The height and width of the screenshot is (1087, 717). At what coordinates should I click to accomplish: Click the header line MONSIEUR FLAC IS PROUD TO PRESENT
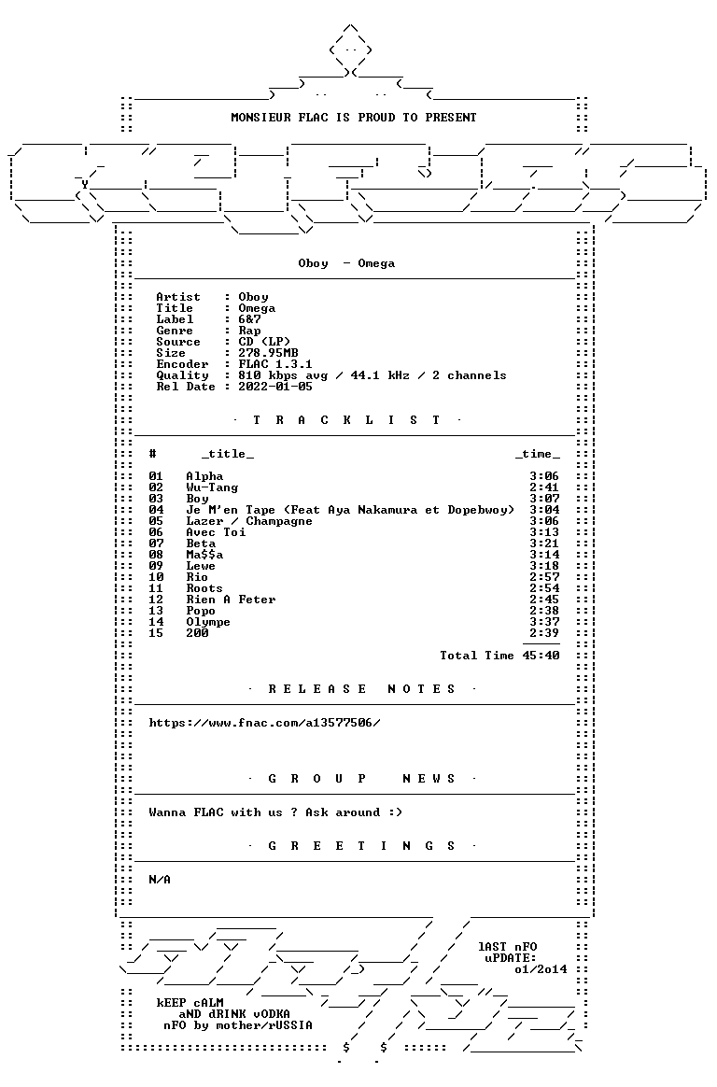[x=353, y=118]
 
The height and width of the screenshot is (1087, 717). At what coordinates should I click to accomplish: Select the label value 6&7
[x=249, y=319]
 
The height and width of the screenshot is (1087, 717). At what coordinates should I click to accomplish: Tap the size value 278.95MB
[x=268, y=353]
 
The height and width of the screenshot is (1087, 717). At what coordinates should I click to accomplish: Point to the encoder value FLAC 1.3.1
[x=275, y=364]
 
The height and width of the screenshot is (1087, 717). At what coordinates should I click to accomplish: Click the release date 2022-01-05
[x=275, y=387]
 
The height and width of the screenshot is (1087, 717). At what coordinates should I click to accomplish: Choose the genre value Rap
[x=249, y=331]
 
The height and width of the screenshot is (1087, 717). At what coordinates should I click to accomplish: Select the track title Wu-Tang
[x=212, y=487]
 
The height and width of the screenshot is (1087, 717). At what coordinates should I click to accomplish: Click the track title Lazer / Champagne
[x=248, y=521]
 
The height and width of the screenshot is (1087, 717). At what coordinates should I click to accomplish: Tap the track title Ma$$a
[x=204, y=555]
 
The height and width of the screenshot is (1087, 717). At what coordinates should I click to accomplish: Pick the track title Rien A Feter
[x=231, y=600]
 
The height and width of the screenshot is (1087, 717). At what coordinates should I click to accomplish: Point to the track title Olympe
[x=208, y=622]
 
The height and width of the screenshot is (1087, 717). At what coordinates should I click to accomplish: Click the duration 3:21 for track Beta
[x=544, y=543]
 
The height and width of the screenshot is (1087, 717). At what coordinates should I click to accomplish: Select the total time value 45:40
[x=541, y=656]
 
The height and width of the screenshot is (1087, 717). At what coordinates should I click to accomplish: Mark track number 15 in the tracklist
[x=156, y=633]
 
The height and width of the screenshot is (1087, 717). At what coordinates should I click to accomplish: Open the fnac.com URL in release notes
[x=264, y=723]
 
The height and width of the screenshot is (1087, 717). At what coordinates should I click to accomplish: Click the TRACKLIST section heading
[x=346, y=420]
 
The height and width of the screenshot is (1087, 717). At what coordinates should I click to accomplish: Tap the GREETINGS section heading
[x=361, y=846]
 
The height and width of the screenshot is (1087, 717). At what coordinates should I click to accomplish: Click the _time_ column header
[x=538, y=454]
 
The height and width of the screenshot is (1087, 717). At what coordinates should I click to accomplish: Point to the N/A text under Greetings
[x=160, y=880]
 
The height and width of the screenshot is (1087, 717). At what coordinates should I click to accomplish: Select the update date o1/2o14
[x=541, y=969]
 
